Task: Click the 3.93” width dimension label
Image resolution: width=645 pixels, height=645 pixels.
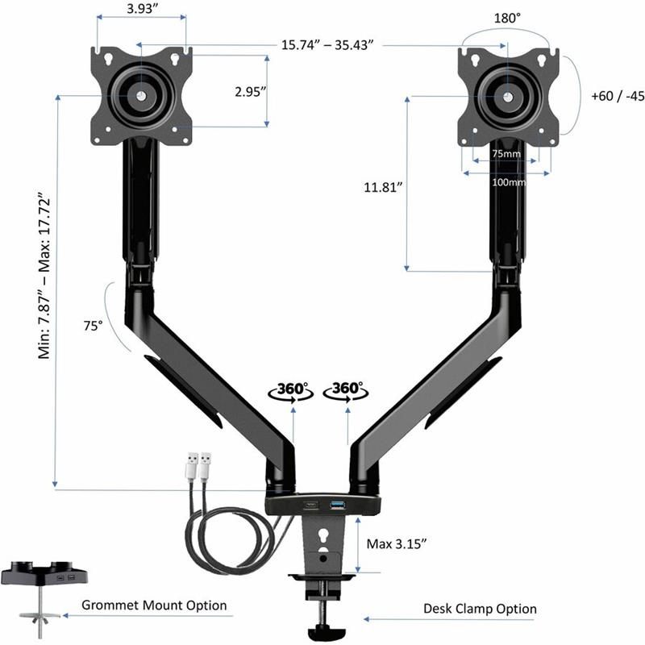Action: pyautogui.click(x=143, y=9)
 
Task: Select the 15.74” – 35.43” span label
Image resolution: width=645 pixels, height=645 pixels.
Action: pyautogui.click(x=327, y=45)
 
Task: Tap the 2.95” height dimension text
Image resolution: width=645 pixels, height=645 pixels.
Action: pyautogui.click(x=251, y=91)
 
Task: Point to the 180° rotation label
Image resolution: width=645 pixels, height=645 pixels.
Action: pyautogui.click(x=507, y=18)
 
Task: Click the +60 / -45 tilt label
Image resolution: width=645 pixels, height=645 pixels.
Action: pyautogui.click(x=618, y=96)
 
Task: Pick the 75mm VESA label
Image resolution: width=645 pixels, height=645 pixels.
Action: pyautogui.click(x=506, y=154)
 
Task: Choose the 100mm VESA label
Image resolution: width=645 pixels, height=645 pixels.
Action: pyautogui.click(x=509, y=182)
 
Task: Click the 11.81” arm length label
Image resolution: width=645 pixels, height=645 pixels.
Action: pyautogui.click(x=383, y=187)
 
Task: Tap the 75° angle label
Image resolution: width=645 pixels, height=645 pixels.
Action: pyautogui.click(x=93, y=326)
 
